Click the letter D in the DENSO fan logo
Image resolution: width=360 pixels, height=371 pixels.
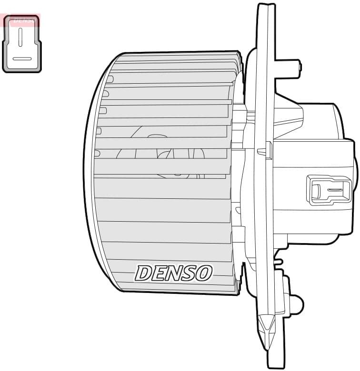(144, 273)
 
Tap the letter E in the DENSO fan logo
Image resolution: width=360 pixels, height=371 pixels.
(159, 273)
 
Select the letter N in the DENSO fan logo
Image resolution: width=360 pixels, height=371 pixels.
(174, 273)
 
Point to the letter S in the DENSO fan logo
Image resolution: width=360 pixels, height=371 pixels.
(189, 273)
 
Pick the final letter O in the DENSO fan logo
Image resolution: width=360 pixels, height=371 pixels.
(203, 273)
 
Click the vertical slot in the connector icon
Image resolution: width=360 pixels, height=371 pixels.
(20, 37)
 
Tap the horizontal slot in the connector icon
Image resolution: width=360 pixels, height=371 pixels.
(22, 59)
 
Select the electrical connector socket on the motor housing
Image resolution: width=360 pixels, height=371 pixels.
(329, 190)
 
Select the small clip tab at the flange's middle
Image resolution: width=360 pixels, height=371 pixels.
(265, 151)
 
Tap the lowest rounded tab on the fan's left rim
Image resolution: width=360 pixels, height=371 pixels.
(97, 153)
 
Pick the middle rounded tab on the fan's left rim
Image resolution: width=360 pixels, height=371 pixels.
(102, 110)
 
